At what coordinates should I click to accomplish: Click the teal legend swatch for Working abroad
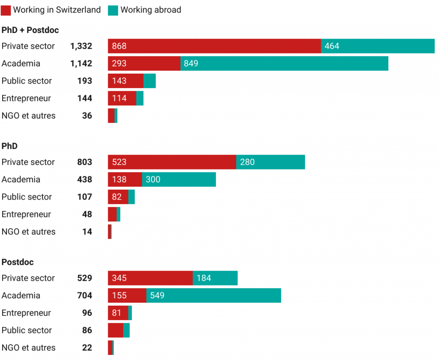pyautogui.click(x=113, y=10)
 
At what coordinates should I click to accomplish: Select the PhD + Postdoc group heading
pyautogui.click(x=30, y=30)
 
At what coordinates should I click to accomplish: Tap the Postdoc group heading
pyautogui.click(x=18, y=262)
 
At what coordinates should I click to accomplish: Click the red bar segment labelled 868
pyautogui.click(x=214, y=46)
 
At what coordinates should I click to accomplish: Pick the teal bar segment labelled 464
pyautogui.click(x=378, y=46)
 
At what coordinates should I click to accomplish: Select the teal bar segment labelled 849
pyautogui.click(x=284, y=64)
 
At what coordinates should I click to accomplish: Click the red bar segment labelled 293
pyautogui.click(x=144, y=64)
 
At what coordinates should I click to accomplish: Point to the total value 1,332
pyautogui.click(x=81, y=46)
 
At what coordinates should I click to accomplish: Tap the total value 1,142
pyautogui.click(x=81, y=64)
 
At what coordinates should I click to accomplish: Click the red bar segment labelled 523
pyautogui.click(x=172, y=162)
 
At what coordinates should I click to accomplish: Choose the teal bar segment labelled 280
pyautogui.click(x=270, y=162)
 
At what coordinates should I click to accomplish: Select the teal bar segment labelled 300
pyautogui.click(x=179, y=180)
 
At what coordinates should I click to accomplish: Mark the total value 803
pyautogui.click(x=84, y=162)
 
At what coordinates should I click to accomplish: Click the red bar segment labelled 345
pyautogui.click(x=150, y=278)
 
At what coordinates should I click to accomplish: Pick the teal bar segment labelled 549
pyautogui.click(x=214, y=296)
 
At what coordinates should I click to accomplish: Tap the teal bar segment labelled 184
pyautogui.click(x=215, y=278)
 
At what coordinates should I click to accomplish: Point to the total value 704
pyautogui.click(x=84, y=296)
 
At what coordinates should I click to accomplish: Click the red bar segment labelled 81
pyautogui.click(x=118, y=313)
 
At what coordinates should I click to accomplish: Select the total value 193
pyautogui.click(x=85, y=81)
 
